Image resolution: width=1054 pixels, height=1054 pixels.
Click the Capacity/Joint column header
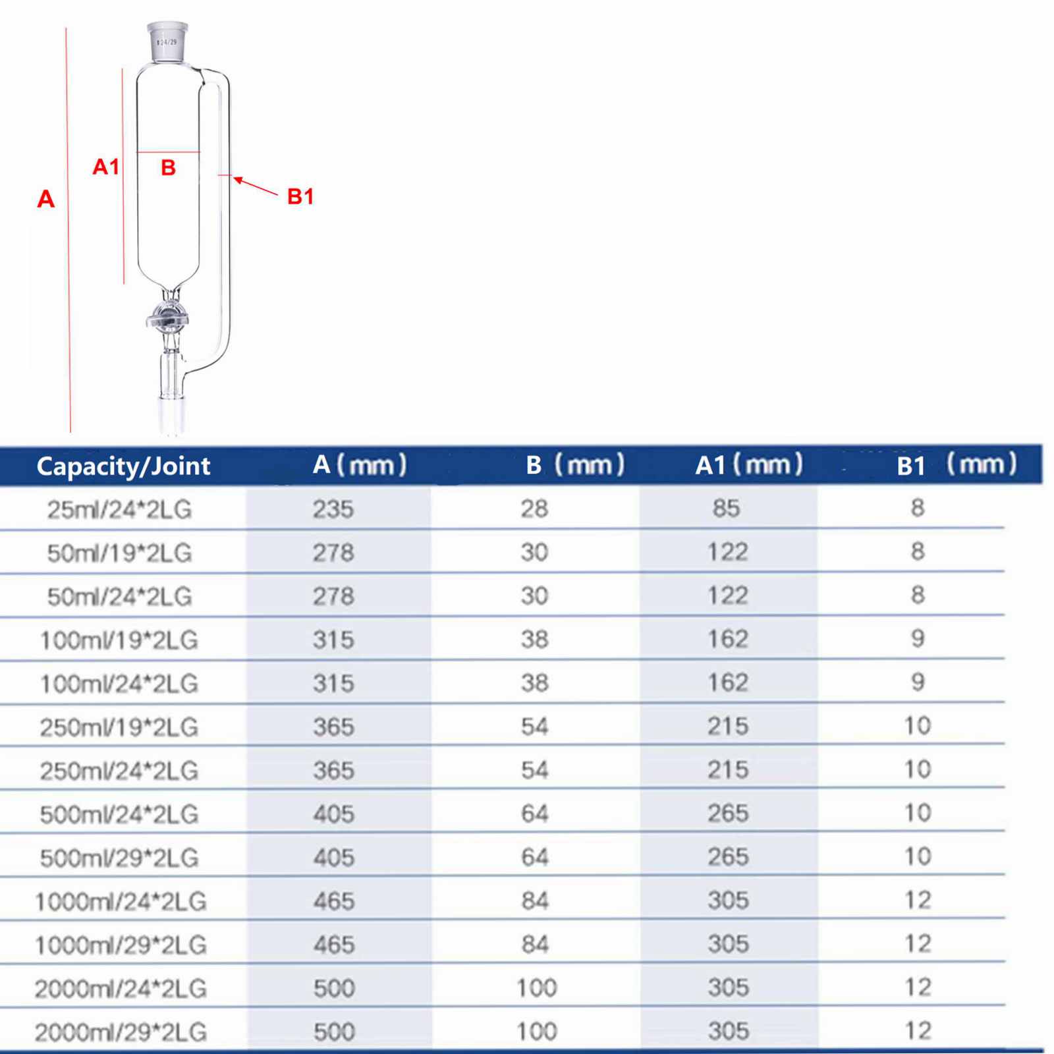tap(123, 466)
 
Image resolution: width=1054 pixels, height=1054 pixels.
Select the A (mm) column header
tap(359, 465)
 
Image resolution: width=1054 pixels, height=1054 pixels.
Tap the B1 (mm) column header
tap(956, 465)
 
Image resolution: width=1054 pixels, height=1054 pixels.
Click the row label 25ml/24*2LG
tap(119, 509)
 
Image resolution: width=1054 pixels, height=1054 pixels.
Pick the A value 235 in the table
tap(333, 509)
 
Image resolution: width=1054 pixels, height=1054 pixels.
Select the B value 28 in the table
tap(534, 509)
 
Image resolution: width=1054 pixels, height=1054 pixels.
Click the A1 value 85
tap(726, 509)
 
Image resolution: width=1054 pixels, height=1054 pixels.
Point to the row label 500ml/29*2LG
tap(119, 858)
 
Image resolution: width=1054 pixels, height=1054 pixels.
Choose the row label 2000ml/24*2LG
tap(121, 988)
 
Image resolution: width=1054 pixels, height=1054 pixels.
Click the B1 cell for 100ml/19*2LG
tap(918, 638)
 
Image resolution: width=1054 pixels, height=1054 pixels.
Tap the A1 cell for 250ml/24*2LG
tap(728, 769)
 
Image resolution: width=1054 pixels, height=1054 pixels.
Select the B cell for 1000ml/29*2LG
tap(534, 944)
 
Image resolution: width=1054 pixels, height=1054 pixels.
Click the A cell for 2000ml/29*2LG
tap(334, 1032)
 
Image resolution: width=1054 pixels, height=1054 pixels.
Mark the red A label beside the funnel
tap(45, 199)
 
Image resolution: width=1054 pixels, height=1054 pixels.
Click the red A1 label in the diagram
tap(105, 167)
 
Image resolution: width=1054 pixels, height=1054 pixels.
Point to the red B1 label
tap(300, 196)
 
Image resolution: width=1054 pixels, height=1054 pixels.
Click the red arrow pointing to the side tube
tap(256, 186)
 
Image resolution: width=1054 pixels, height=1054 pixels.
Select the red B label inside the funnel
tap(168, 168)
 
